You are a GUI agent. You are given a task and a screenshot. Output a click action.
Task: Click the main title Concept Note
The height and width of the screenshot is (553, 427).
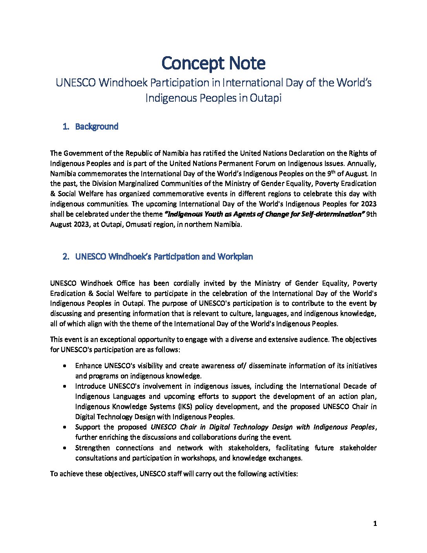pos(213,63)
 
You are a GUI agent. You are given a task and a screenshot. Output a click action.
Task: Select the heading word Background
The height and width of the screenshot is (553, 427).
pos(97,126)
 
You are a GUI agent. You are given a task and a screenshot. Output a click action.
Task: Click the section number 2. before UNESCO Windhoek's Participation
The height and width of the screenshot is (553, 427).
pos(66,257)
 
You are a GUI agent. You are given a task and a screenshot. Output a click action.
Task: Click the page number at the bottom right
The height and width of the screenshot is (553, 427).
pos(375,524)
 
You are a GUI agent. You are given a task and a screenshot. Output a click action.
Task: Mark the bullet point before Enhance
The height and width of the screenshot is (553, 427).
pos(64,366)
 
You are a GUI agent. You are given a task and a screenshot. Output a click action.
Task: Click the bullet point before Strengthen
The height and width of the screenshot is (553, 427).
pos(64,448)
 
